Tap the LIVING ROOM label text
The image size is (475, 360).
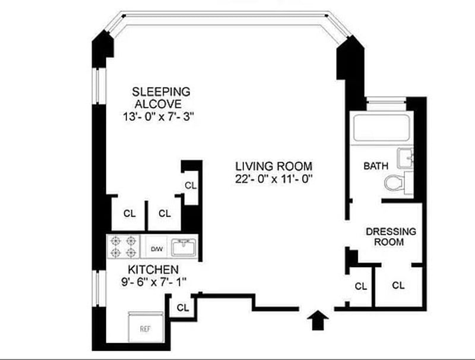[x=273, y=166]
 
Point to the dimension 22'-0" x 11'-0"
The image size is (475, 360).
[x=273, y=178]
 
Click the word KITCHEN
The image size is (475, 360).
[x=153, y=270]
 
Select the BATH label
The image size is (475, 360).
[x=375, y=166]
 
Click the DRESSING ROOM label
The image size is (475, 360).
[x=391, y=236]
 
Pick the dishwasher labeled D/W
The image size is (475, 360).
[x=157, y=248]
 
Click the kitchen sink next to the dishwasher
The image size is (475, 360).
[x=183, y=247]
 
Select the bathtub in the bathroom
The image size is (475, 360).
[x=380, y=129]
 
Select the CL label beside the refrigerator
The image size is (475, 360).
[x=183, y=308]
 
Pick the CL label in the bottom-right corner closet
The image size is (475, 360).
[x=398, y=286]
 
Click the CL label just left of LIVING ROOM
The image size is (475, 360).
[x=190, y=185]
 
